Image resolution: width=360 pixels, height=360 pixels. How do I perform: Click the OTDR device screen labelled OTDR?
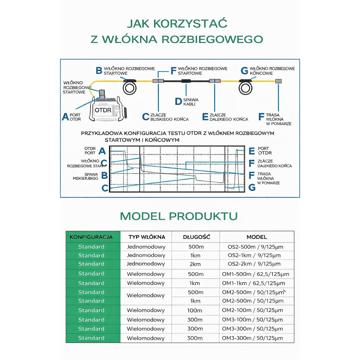[x=103, y=110]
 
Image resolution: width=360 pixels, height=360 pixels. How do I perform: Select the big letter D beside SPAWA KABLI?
[x=178, y=101]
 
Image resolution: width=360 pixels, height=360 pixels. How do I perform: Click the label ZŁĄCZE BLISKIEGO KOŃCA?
[x=169, y=117]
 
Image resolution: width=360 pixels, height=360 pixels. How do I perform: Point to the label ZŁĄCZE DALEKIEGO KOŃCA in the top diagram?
[x=229, y=117]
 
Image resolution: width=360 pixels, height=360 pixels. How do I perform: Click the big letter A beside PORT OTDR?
[x=65, y=117]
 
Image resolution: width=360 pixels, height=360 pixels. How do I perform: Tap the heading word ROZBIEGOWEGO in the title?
[x=212, y=39]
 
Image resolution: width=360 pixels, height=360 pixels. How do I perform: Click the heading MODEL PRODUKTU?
[x=179, y=216]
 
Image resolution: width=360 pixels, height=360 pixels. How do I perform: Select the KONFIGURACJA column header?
[x=91, y=237]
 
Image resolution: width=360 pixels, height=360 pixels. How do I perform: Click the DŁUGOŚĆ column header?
[x=196, y=237]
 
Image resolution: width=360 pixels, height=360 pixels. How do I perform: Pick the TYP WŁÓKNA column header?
[x=147, y=237]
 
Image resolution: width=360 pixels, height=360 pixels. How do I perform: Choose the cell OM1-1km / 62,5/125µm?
[x=253, y=283]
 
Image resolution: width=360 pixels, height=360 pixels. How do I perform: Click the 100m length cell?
[x=195, y=310]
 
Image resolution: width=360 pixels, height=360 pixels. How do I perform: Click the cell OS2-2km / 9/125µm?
[x=254, y=264]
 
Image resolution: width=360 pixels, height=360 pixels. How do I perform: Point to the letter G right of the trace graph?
[x=252, y=188]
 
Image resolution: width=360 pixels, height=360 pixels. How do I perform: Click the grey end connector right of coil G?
[x=278, y=81]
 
